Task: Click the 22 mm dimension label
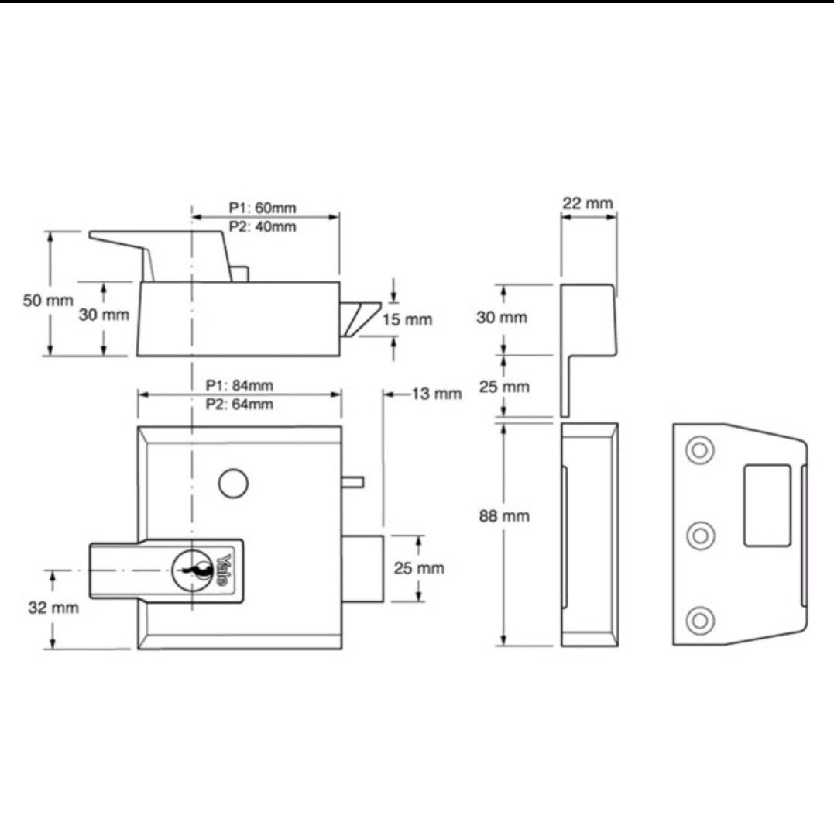click(587, 204)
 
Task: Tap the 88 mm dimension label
click(504, 516)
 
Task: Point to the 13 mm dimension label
click(436, 394)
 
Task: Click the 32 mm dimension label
click(53, 608)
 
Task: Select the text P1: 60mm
click(263, 208)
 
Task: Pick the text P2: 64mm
click(239, 405)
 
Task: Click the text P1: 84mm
click(239, 385)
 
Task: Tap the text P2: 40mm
click(263, 226)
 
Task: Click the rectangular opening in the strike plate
click(767, 506)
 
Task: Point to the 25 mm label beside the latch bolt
click(420, 568)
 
